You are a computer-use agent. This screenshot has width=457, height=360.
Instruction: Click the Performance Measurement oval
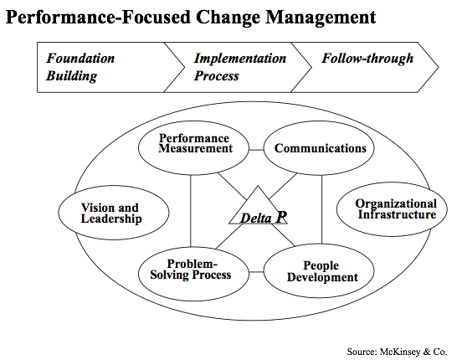(x=193, y=148)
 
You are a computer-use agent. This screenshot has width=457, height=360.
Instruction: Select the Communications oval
(x=319, y=148)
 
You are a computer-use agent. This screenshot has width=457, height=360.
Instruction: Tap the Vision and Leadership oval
(x=114, y=213)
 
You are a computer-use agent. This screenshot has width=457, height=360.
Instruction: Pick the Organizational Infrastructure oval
(x=392, y=209)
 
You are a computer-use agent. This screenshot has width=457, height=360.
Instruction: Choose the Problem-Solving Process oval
(x=193, y=274)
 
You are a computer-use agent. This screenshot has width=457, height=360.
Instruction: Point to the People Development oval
(x=319, y=270)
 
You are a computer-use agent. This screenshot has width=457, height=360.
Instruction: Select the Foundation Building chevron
(x=110, y=67)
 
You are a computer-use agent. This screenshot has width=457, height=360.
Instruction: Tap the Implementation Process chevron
(x=238, y=67)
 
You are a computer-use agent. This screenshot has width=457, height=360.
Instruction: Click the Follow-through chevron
(x=365, y=67)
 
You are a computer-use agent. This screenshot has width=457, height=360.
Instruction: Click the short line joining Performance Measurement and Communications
(x=256, y=150)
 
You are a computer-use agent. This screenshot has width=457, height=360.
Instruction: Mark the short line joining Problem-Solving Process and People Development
(x=256, y=272)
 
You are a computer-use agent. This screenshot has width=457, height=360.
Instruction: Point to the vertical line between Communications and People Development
(x=321, y=209)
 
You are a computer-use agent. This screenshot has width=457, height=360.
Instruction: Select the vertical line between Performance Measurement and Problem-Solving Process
(x=190, y=211)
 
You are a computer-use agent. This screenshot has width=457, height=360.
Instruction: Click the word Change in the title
(x=228, y=18)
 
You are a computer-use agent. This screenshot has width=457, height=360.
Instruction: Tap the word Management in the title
(x=321, y=18)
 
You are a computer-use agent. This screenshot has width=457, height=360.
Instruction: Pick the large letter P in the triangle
(x=281, y=217)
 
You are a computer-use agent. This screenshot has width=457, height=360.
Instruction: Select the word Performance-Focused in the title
(x=98, y=17)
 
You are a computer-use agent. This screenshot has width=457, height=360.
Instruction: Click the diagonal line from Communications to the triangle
(x=282, y=187)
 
